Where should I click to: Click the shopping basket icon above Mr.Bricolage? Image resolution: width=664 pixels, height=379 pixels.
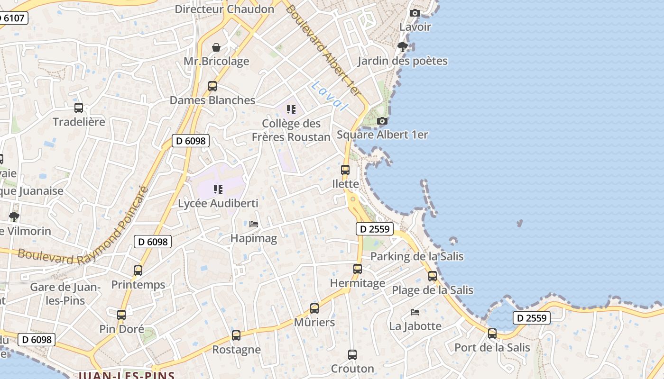pyautogui.click(x=216, y=47)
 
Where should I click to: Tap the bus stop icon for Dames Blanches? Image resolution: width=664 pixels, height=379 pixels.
pyautogui.click(x=212, y=86)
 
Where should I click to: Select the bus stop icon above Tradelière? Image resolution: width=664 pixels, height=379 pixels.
pyautogui.click(x=79, y=108)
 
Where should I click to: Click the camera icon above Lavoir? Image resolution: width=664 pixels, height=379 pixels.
pyautogui.click(x=415, y=13)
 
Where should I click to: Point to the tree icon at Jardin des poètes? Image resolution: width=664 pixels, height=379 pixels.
pyautogui.click(x=403, y=47)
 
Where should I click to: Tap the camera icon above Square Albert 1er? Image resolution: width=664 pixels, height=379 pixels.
pyautogui.click(x=382, y=121)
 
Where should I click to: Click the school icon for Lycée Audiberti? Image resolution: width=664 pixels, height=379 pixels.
pyautogui.click(x=218, y=189)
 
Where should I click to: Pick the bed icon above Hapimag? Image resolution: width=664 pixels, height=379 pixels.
pyautogui.click(x=254, y=224)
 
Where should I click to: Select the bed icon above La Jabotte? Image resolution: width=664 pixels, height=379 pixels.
pyautogui.click(x=415, y=312)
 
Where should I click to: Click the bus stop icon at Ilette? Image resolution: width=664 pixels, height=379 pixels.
pyautogui.click(x=345, y=170)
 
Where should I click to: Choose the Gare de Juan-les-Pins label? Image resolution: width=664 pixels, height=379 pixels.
pyautogui.click(x=65, y=294)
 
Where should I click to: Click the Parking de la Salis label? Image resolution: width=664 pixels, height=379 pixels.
pyautogui.click(x=417, y=256)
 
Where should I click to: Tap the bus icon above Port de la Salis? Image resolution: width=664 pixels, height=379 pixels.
pyautogui.click(x=492, y=334)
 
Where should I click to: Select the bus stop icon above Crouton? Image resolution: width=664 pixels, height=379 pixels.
pyautogui.click(x=352, y=355)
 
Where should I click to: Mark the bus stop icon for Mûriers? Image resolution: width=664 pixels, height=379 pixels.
pyautogui.click(x=314, y=308)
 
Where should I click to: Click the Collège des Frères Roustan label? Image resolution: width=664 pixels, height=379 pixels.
pyautogui.click(x=291, y=130)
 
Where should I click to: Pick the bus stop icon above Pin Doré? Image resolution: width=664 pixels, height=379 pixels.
pyautogui.click(x=121, y=315)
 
